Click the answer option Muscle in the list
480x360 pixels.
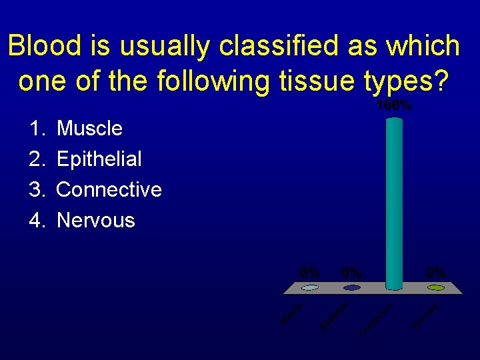pos(89,128)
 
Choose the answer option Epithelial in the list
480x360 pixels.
pos(99,159)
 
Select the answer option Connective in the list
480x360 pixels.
pos(109,189)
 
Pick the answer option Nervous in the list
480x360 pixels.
pos(96,220)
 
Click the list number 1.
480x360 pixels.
pos(36,128)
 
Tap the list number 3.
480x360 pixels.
pos(36,189)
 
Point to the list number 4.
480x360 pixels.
pos(36,220)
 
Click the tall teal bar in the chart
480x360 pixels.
pos(395,200)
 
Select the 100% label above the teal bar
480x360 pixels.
pos(394,106)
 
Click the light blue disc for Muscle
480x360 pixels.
pos(310,288)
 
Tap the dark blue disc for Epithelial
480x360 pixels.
pos(352,288)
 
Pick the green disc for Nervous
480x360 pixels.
pos(436,288)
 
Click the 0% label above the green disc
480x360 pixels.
pos(436,273)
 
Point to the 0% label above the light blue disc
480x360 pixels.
pos(310,273)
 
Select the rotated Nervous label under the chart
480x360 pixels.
pos(425,315)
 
